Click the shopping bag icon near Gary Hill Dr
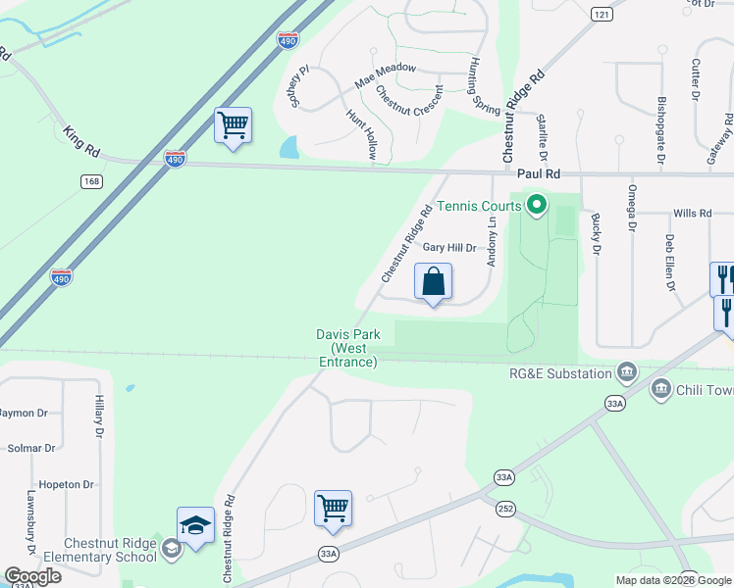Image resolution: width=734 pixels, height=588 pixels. pyautogui.click(x=433, y=282)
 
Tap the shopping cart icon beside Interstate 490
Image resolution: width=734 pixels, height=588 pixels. pyautogui.click(x=233, y=126)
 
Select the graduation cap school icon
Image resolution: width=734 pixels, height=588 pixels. pyautogui.click(x=195, y=527)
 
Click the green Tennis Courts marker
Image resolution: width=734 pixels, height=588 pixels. pyautogui.click(x=536, y=206)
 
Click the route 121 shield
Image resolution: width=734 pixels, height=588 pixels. pyautogui.click(x=602, y=15)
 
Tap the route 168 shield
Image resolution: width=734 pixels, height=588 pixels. pyautogui.click(x=91, y=182)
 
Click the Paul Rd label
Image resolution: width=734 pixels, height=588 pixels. pyautogui.click(x=539, y=173)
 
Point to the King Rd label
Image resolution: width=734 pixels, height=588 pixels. pyautogui.click(x=81, y=141)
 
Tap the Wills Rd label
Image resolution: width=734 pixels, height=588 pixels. pyautogui.click(x=692, y=213)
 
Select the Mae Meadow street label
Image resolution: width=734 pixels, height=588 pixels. pyautogui.click(x=386, y=76)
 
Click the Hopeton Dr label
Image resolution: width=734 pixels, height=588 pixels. pyautogui.click(x=66, y=484)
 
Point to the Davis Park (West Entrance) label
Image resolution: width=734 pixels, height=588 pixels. pyautogui.click(x=347, y=348)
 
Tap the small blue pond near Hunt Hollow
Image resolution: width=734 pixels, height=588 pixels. pyautogui.click(x=288, y=148)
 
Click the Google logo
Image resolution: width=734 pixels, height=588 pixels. pyautogui.click(x=32, y=576)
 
